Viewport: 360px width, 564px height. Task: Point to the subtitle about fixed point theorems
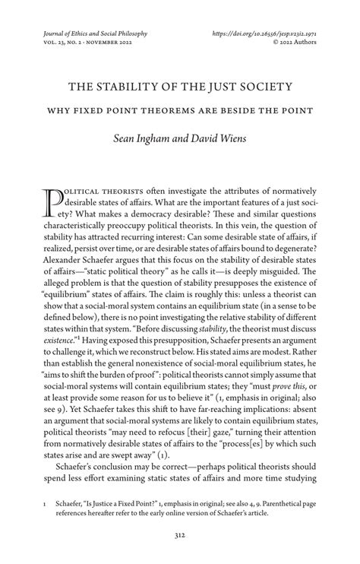point(179,109)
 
